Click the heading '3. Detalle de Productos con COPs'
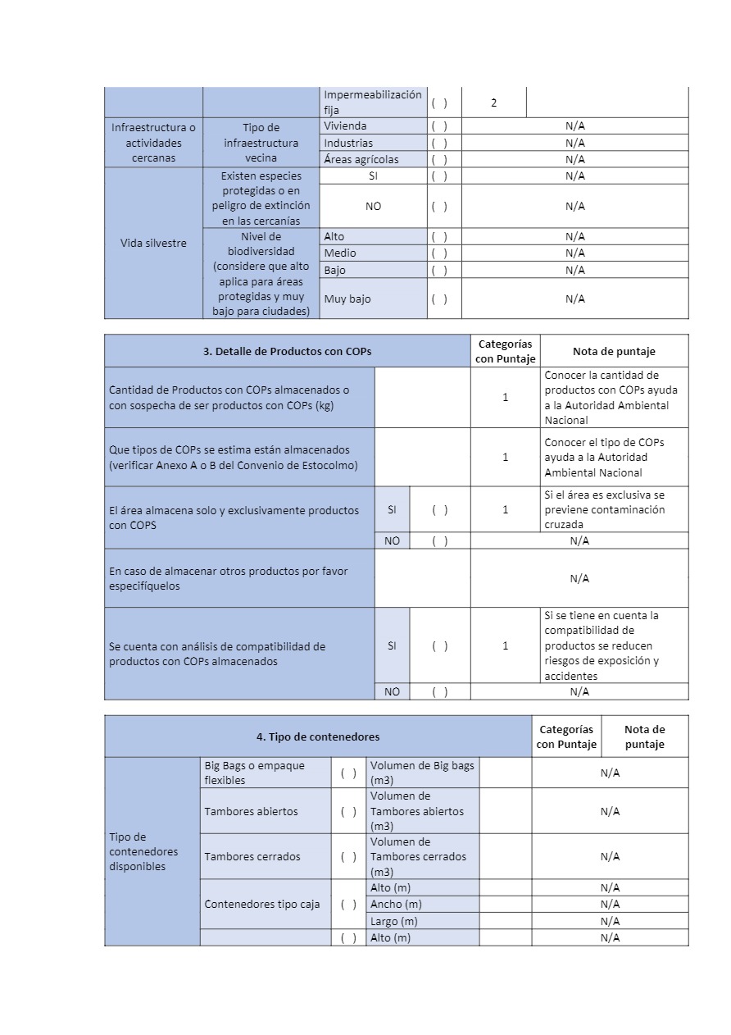click(287, 351)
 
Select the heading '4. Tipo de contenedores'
click(318, 736)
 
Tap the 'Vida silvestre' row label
click(153, 243)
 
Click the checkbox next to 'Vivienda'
click(439, 126)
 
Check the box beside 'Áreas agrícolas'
click(439, 159)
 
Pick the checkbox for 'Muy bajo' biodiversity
click(439, 299)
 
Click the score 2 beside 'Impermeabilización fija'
click(493, 103)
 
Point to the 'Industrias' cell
click(347, 143)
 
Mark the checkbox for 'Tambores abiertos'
click(348, 811)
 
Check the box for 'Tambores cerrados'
click(348, 856)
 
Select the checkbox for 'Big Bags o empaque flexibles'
click(348, 773)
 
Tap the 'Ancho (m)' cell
click(396, 904)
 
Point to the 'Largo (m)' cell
click(394, 921)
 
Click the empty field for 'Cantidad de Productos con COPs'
click(422, 397)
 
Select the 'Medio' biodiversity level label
click(340, 253)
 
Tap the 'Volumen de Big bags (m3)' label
click(422, 773)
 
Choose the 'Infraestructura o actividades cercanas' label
click(153, 143)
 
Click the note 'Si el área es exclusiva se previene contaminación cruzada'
click(605, 509)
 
